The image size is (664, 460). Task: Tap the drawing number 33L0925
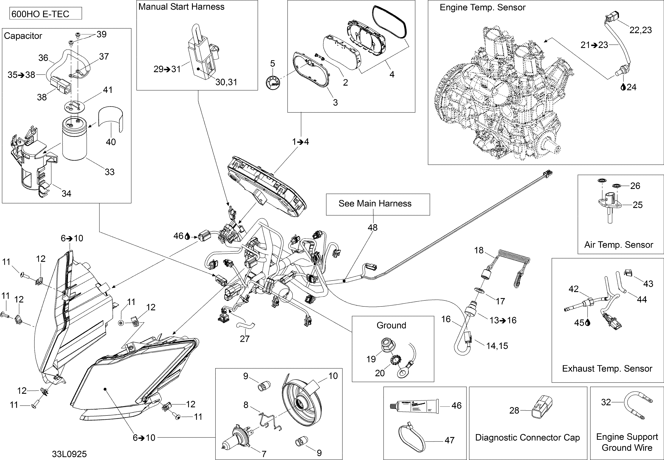point(69,454)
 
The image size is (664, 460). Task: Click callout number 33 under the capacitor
point(110,172)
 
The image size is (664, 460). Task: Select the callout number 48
point(372,228)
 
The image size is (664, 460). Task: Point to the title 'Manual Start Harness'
point(181,7)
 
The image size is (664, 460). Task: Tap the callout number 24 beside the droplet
point(631,87)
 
